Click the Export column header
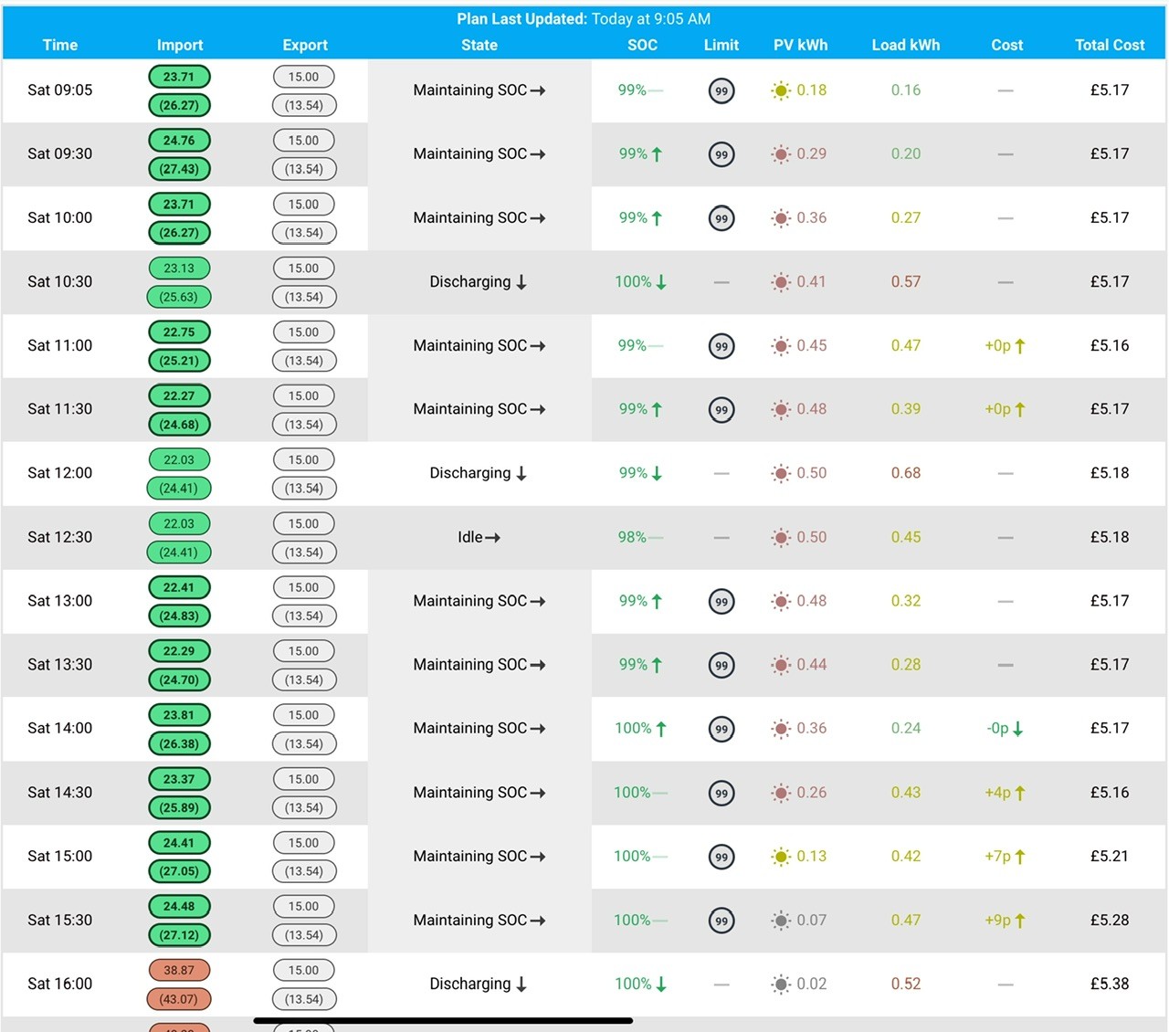[305, 45]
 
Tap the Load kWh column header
[905, 45]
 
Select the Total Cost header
[1109, 45]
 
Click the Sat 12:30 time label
[60, 537]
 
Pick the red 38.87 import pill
[179, 970]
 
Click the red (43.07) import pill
[179, 998]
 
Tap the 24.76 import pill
[179, 141]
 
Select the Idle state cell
[479, 537]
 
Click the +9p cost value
[1005, 920]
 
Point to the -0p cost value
[1005, 729]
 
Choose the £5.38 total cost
[1109, 984]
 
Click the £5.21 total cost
[1109, 856]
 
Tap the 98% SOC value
[632, 537]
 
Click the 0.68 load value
[905, 473]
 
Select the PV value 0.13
[811, 856]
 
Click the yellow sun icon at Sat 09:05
[781, 90]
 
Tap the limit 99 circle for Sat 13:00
[721, 602]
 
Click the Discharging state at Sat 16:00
[479, 985]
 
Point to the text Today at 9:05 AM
[651, 19]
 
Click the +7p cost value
[1005, 857]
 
